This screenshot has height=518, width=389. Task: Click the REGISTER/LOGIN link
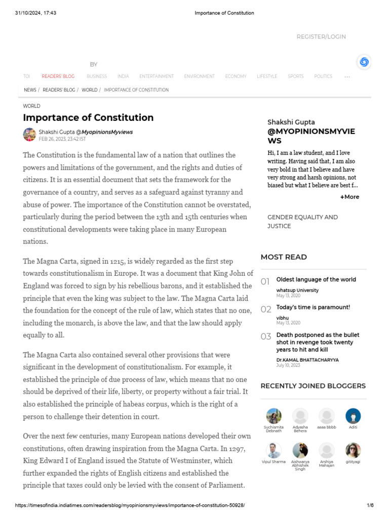point(321,37)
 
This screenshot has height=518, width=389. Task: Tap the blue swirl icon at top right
point(364,62)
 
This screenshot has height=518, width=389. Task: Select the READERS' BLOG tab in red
point(58,76)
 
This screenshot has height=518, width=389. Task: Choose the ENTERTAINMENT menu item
point(157,76)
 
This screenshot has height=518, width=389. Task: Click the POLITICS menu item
point(323,76)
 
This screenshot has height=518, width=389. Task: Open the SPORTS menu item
point(296,76)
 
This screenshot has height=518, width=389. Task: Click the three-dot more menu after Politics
point(347,77)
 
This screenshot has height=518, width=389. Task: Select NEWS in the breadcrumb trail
point(30,90)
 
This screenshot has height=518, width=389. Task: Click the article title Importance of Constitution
point(88,118)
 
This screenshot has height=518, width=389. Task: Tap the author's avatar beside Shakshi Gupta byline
point(29,135)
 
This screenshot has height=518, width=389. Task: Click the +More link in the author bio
point(349,197)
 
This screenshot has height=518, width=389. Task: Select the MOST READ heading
point(284,257)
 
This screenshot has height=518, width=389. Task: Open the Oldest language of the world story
point(316,279)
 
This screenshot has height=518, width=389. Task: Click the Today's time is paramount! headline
point(313,307)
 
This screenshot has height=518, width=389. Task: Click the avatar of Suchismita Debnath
point(274,416)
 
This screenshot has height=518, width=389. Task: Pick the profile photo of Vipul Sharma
point(274,450)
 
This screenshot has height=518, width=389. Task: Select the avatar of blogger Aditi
point(353,416)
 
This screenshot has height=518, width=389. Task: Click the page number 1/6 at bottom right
point(370,505)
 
